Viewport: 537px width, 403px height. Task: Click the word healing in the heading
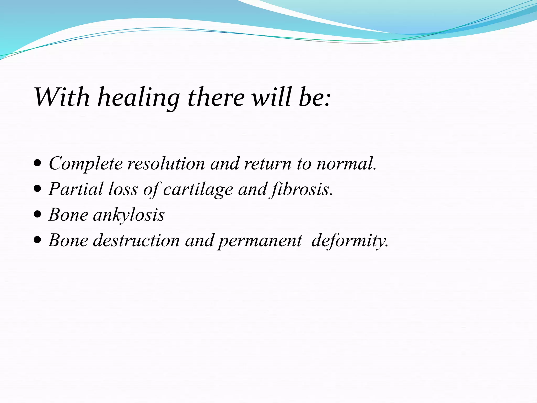click(138, 98)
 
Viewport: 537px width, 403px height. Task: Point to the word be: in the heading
click(315, 98)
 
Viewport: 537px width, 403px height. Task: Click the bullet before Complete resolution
click(38, 164)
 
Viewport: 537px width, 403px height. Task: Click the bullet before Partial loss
click(38, 189)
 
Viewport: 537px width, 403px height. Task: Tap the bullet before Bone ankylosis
click(38, 215)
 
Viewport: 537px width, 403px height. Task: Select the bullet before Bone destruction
click(38, 240)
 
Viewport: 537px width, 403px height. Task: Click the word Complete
click(85, 164)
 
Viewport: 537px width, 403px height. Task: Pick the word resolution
click(166, 164)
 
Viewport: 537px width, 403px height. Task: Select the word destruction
click(136, 240)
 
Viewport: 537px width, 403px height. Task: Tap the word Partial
click(76, 189)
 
